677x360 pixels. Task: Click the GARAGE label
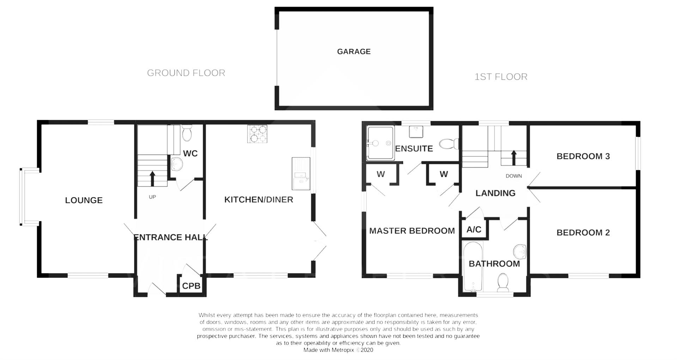[354, 51]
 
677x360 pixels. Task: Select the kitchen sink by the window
[301, 173]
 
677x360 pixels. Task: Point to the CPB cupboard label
[191, 286]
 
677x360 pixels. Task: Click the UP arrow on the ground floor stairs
[152, 178]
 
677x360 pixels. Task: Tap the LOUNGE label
[84, 200]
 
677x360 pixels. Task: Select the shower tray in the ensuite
[380, 143]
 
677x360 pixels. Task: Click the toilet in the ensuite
[449, 144]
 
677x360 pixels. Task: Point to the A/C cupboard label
[474, 230]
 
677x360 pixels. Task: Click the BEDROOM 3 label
[583, 156]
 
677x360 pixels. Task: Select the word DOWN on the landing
[513, 176]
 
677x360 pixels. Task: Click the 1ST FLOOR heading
[501, 77]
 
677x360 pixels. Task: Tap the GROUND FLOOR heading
[186, 73]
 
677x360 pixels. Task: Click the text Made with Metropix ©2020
[338, 350]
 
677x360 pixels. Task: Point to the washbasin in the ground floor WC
[176, 164]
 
